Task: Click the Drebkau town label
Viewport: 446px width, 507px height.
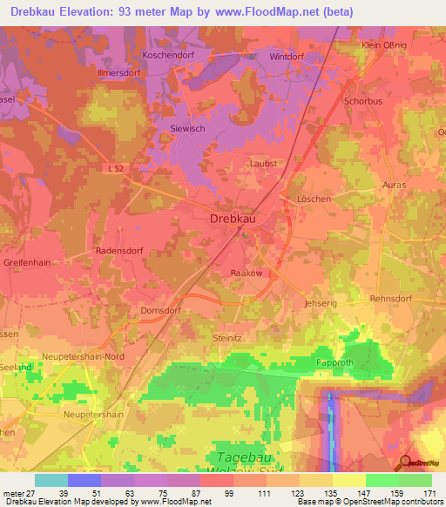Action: pos(238,220)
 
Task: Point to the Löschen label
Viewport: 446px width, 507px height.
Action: pos(314,199)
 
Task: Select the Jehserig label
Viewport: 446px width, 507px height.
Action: pos(320,302)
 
